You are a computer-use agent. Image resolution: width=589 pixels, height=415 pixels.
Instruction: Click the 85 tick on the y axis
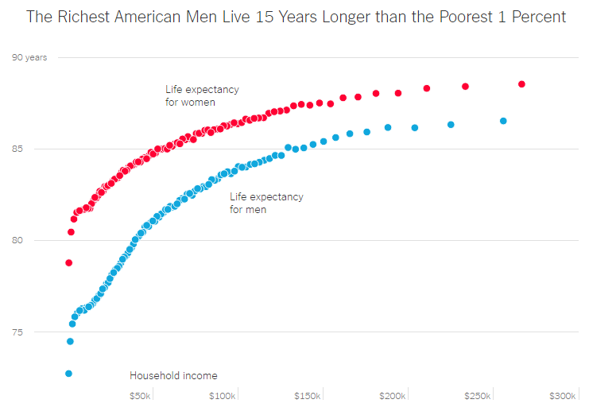point(17,149)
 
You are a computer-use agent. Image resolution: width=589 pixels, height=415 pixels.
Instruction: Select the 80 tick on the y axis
point(17,240)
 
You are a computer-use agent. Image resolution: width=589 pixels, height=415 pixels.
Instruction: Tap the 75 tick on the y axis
point(17,332)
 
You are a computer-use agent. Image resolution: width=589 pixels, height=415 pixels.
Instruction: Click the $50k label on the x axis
point(140,396)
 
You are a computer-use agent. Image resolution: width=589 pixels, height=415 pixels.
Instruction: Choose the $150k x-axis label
point(308,396)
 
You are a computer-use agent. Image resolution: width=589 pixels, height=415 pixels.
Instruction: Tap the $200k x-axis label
point(393,396)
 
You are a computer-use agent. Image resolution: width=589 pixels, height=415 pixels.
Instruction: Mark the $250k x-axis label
point(478,396)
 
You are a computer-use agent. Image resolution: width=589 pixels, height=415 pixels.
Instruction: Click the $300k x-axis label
point(562,396)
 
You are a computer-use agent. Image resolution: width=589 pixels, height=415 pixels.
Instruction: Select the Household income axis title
point(173,375)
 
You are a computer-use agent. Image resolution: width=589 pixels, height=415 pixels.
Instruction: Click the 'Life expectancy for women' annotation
point(202,95)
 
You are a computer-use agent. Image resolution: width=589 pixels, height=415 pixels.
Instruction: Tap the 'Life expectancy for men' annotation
point(266,203)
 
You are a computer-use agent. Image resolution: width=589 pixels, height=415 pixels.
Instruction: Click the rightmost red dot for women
point(521,84)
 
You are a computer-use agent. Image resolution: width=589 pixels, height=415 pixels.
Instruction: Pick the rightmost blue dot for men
point(503,121)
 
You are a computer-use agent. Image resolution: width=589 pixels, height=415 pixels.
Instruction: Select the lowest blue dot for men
point(69,374)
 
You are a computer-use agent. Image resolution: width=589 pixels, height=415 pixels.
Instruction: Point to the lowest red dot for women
point(69,262)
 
